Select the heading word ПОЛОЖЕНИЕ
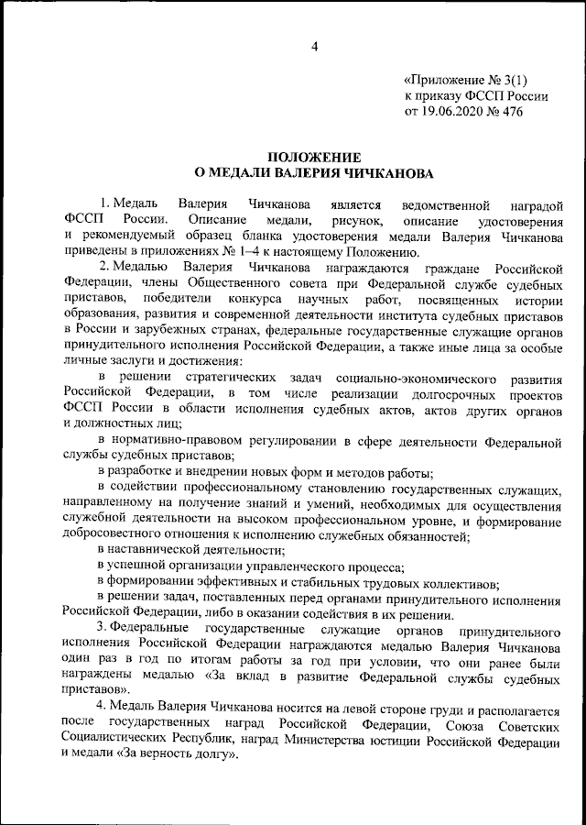(307, 158)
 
